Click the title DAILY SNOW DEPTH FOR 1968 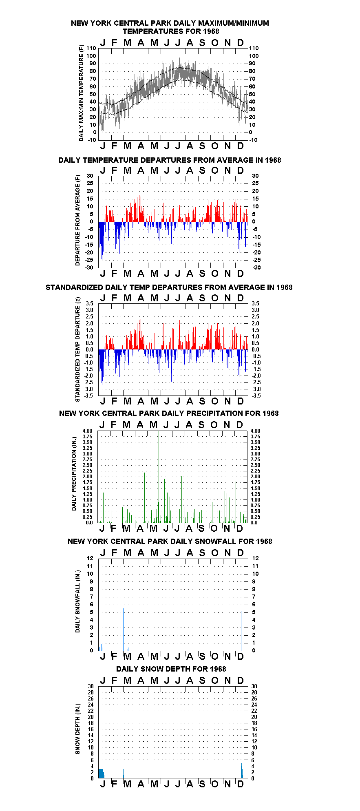coord(171,669)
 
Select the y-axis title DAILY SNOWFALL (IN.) coord(77,601)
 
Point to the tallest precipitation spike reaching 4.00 coord(159,477)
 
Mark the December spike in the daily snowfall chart coord(241,630)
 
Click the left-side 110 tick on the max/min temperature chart coord(91,48)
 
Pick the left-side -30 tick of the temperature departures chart coord(89,267)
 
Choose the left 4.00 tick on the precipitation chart coord(88,431)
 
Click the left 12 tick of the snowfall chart coord(90,558)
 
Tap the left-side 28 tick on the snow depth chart coord(91,692)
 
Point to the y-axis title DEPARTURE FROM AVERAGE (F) coord(77,220)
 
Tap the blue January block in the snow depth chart coord(101,773)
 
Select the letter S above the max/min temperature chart coord(202,43)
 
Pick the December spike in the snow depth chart coord(241,771)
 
